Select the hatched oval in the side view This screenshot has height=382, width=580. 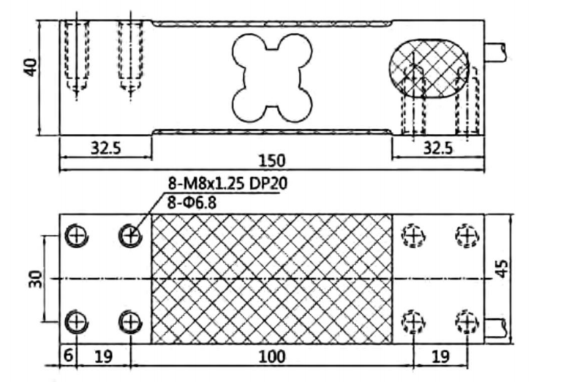(427, 68)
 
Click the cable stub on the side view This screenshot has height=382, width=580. (497, 51)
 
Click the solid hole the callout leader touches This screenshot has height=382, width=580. (130, 236)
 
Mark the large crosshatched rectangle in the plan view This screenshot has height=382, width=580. (271, 279)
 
